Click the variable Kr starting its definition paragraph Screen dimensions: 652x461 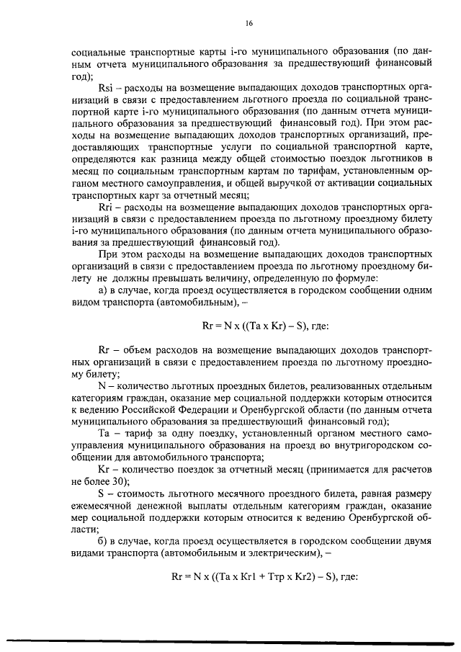(103, 468)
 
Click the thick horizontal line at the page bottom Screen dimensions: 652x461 (230, 636)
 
